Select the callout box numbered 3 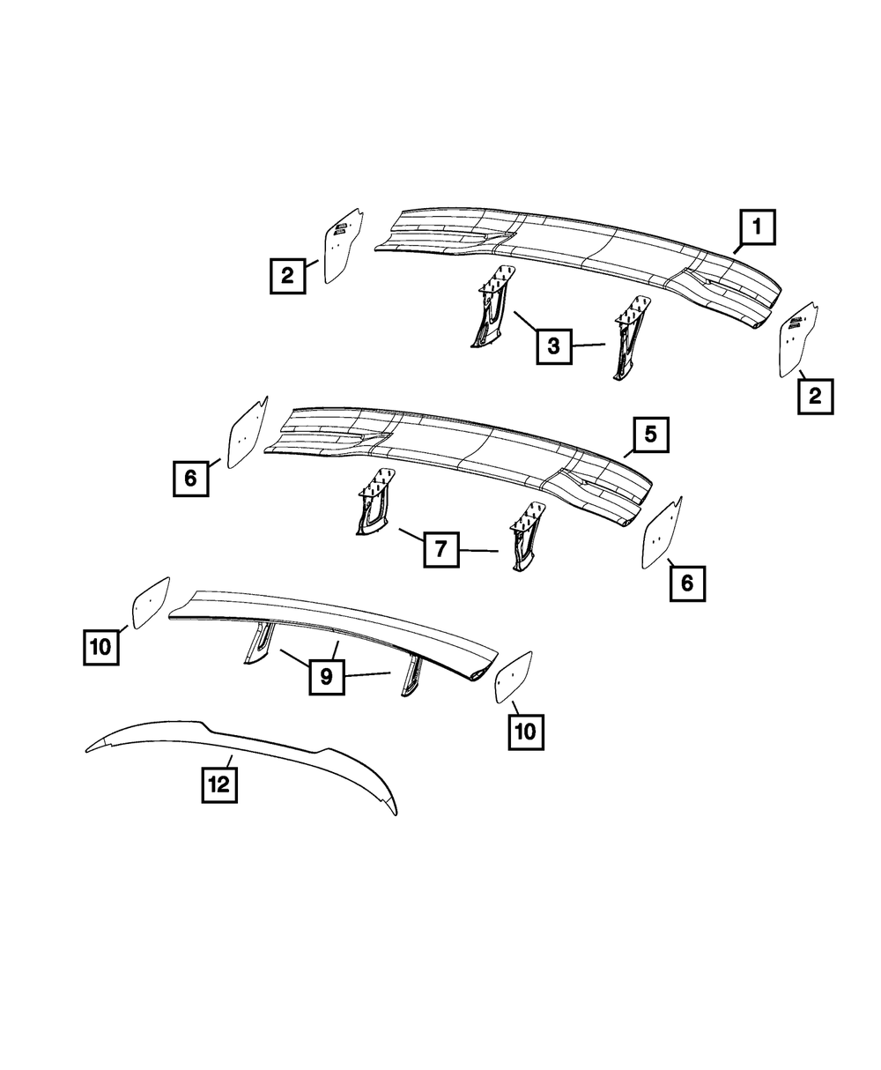553,346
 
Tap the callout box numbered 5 650,435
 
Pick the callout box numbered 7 440,549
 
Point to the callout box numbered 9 326,677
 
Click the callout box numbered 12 219,784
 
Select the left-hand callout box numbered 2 287,275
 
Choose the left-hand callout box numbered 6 191,478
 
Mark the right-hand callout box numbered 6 687,583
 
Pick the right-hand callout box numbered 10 526,731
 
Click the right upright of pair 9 411,677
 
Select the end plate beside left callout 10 150,604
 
